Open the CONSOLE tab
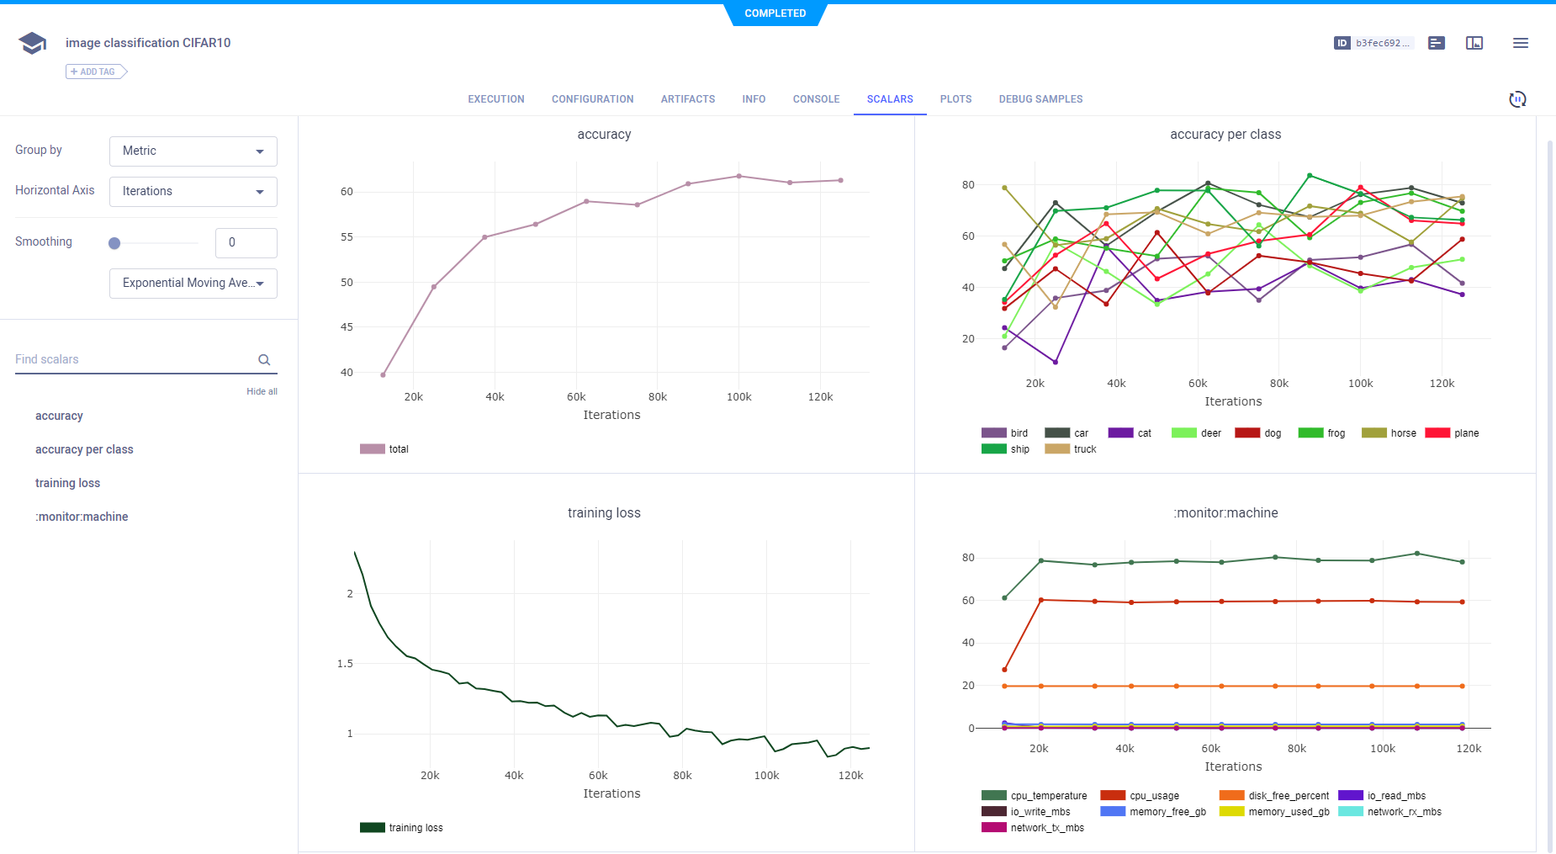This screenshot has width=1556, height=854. coord(816,99)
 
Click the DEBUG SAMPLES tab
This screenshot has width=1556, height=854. coord(1040,99)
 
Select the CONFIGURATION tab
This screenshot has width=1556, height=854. coord(592,99)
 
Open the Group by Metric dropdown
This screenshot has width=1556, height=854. coord(193,151)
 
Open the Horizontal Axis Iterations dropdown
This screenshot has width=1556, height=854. coord(193,192)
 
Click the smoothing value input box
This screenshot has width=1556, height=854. coord(246,243)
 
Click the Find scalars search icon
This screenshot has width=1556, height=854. coord(264,360)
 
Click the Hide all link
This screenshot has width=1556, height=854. coord(262,392)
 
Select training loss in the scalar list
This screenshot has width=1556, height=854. coord(67,483)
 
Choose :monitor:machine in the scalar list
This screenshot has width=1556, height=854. coord(82,517)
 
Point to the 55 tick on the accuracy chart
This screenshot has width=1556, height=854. coord(347,237)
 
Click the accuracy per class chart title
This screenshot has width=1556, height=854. coord(1225,135)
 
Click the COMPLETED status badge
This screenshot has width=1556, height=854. coord(775,13)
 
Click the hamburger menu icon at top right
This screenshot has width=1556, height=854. coord(1520,43)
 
